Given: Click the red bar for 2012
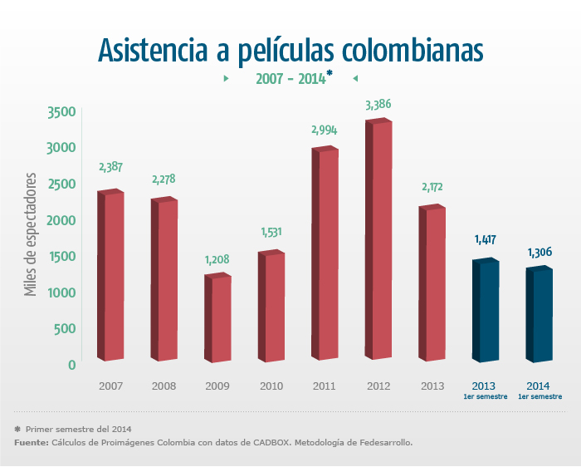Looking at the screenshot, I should (x=378, y=241).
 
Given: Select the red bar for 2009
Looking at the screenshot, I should (x=217, y=318).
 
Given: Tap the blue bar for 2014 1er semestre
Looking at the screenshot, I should (x=539, y=316).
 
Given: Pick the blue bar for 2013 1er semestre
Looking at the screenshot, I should (x=486, y=311).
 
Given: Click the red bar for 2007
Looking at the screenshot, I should (x=110, y=276).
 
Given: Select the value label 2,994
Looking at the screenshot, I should (x=325, y=130).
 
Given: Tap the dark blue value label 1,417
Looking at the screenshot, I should (x=486, y=240).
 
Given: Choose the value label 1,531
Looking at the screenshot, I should (x=271, y=232).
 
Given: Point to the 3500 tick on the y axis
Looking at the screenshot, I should (x=61, y=112).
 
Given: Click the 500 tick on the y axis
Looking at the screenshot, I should (x=66, y=328).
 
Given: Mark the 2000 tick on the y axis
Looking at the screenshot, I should (x=61, y=220).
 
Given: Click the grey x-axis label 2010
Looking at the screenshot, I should (x=271, y=386).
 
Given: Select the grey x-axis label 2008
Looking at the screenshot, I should (x=164, y=386).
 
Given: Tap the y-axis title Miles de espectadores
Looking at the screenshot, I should (x=31, y=234).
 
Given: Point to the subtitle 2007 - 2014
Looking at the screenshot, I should (x=289, y=79).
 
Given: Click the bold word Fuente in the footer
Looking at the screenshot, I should (x=31, y=443).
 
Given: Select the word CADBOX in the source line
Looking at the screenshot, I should (x=266, y=443).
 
